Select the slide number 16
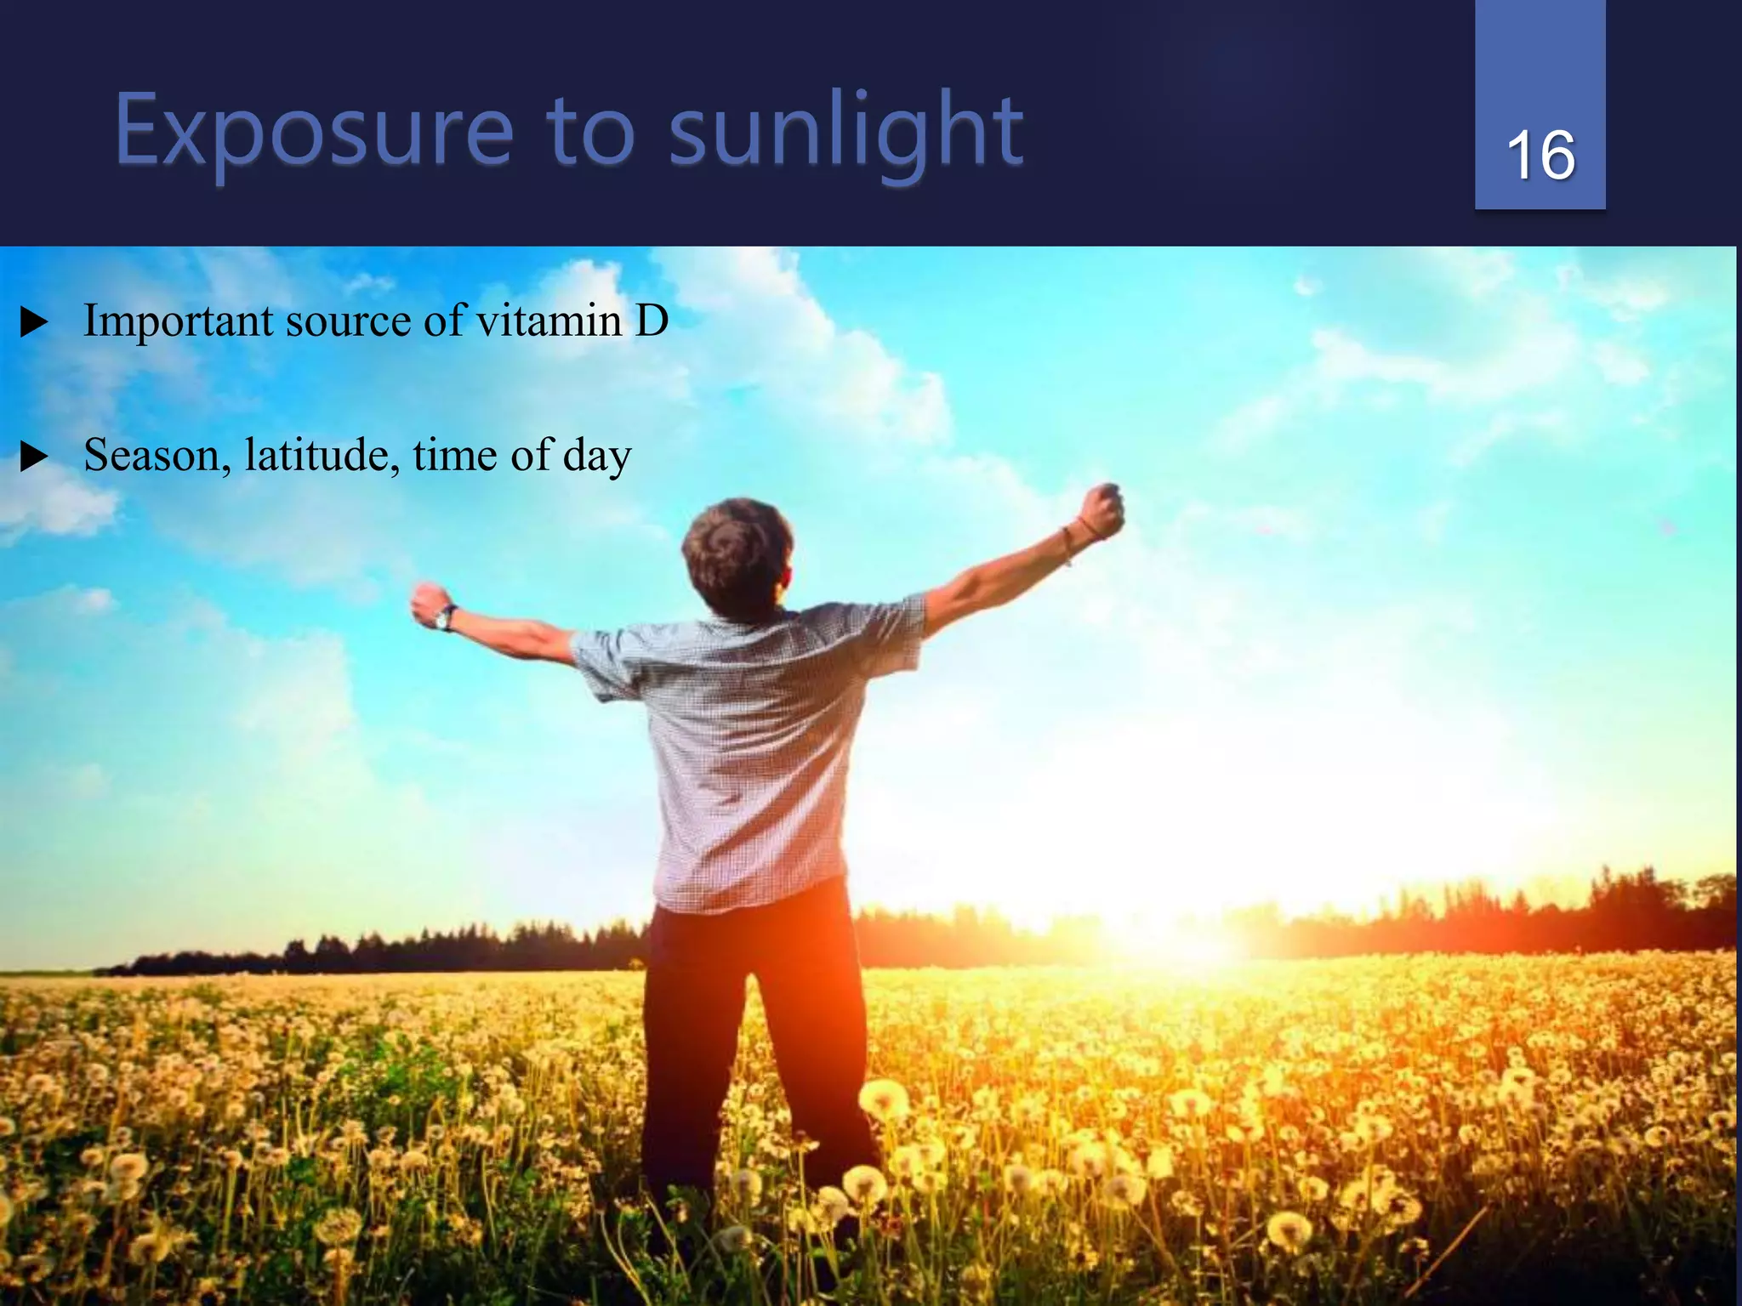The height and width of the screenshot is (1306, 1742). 1540,156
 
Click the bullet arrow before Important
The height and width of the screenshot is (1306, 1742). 33,323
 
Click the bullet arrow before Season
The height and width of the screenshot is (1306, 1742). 33,457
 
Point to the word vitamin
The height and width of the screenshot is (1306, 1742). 549,321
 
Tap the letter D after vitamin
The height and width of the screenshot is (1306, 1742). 652,321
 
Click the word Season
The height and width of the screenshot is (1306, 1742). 157,456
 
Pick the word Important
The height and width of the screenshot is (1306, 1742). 179,322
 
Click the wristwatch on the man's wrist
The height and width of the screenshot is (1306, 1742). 445,617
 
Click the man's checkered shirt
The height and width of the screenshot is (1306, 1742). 749,748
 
